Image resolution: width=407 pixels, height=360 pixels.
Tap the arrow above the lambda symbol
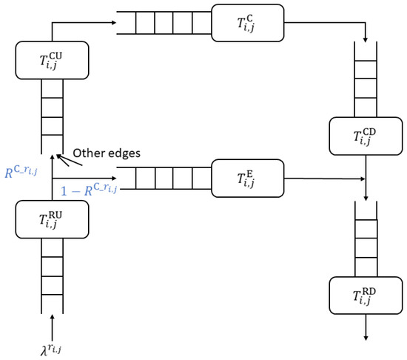tap(52, 323)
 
